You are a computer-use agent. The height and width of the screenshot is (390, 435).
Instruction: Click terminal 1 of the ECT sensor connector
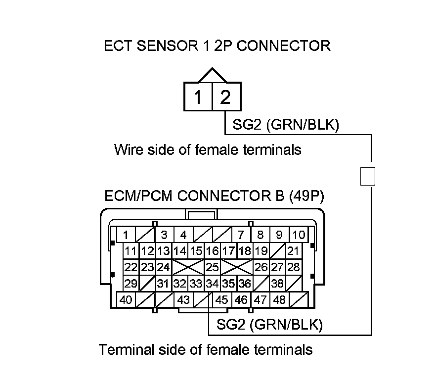(198, 97)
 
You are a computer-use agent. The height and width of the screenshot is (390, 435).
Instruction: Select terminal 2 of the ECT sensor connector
(227, 97)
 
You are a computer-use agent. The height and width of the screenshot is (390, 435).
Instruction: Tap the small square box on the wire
(368, 176)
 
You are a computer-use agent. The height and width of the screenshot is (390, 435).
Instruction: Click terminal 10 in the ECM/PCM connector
(299, 235)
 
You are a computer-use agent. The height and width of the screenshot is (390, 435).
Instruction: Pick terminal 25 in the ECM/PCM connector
(212, 267)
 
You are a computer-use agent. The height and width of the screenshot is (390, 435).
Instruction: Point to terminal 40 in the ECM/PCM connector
(126, 300)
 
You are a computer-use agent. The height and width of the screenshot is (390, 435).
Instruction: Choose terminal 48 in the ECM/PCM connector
(279, 300)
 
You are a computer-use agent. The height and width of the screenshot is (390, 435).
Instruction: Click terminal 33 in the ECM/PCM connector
(196, 284)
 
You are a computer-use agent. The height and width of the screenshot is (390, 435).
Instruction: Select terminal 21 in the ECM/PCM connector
(294, 251)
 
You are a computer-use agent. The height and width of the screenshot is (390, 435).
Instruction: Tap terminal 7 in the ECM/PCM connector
(241, 235)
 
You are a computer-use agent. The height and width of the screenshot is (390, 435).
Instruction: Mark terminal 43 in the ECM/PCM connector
(183, 300)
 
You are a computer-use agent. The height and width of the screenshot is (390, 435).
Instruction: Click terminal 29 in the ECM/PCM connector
(131, 284)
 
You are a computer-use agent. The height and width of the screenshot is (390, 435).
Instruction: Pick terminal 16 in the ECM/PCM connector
(212, 251)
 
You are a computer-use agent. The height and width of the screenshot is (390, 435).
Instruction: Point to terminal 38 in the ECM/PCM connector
(277, 284)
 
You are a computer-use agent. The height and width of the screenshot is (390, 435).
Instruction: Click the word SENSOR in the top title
(168, 46)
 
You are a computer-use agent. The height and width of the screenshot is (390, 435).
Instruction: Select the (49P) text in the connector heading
(306, 196)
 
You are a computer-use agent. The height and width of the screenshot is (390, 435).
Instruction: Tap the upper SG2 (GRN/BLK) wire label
(286, 124)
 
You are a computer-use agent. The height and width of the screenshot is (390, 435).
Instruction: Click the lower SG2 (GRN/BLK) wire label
(269, 324)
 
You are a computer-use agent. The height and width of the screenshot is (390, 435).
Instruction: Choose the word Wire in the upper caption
(129, 149)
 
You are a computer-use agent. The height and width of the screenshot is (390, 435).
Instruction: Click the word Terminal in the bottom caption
(126, 349)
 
